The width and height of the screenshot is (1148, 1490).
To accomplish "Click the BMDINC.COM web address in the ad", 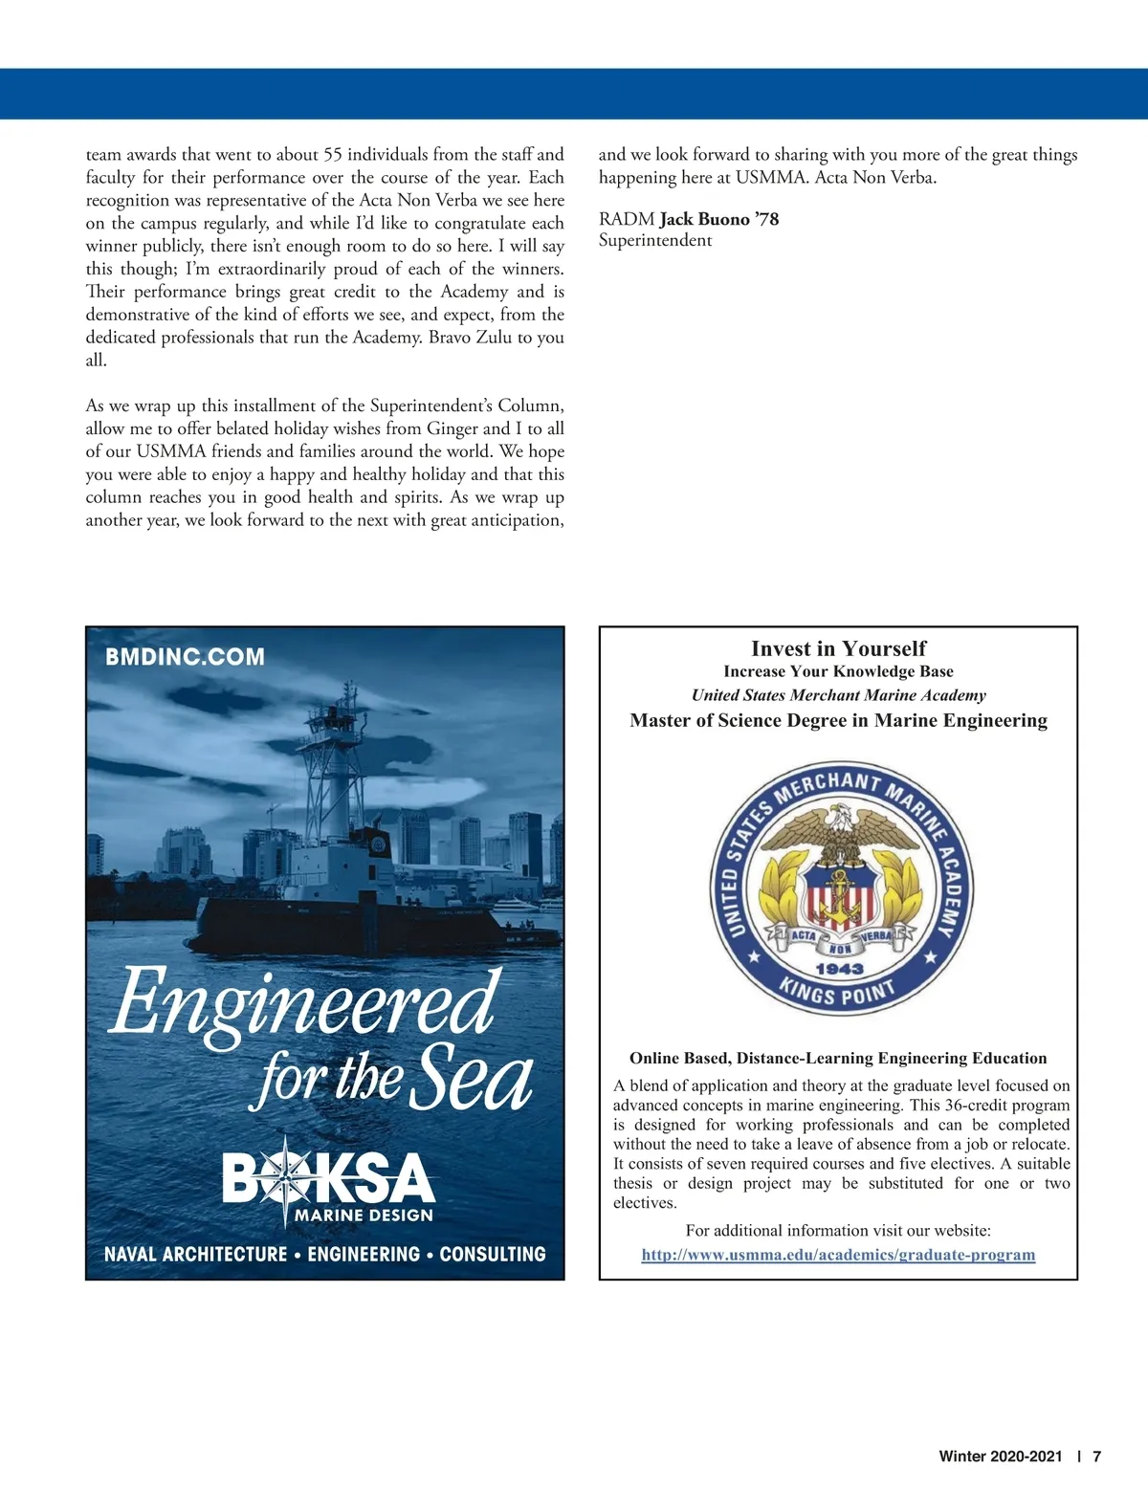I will click(185, 657).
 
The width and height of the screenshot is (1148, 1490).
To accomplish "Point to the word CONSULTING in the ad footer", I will click(492, 1254).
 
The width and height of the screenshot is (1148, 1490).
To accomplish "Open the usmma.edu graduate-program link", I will click(838, 1255).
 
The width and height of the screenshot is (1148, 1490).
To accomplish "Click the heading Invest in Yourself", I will click(838, 648).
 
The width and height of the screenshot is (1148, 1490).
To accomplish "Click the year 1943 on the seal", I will click(839, 968).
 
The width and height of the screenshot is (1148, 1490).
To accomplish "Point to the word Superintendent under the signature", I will click(655, 240).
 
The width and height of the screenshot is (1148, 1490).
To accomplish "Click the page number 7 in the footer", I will click(1097, 1457).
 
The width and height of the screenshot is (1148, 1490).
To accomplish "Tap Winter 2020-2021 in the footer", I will click(1000, 1457).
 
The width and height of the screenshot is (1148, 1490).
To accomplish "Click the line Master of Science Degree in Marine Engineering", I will click(838, 720).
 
